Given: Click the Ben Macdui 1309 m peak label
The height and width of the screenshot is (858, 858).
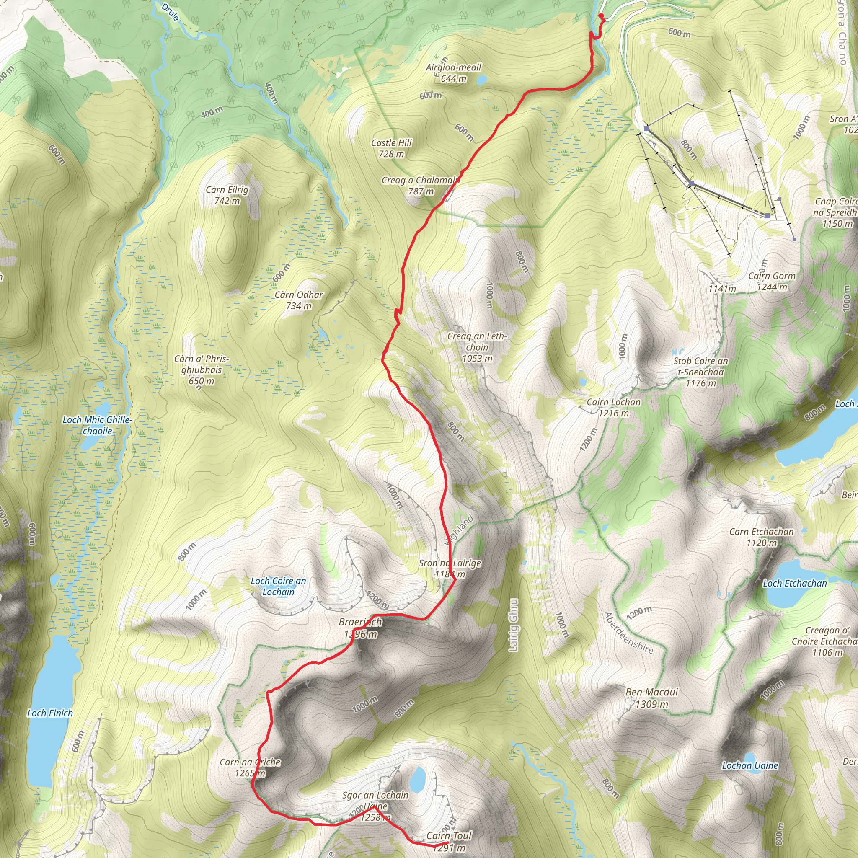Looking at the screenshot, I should pos(651,698).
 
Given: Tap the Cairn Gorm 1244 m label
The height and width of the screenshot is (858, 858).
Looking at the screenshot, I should pos(772,282).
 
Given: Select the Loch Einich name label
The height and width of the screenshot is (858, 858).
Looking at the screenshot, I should pos(50,713).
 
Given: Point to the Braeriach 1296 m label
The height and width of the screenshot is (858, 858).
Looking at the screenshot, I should pos(360,628).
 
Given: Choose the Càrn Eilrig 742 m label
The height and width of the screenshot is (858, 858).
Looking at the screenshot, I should pos(227,195).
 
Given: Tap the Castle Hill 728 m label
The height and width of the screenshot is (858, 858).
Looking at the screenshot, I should pos(391,148).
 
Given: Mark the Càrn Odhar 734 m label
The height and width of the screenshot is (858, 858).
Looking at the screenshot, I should pos(299,300).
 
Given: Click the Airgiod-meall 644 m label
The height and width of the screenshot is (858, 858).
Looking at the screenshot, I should pos(453,73).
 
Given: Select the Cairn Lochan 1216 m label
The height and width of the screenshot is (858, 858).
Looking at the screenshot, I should pos(614,407).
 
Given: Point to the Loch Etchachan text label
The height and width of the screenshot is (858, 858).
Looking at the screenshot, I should pos(795,584).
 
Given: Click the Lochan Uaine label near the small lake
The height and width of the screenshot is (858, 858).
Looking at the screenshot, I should pos(750,765).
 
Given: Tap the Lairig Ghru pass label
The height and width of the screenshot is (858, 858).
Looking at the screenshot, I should pos(513,625).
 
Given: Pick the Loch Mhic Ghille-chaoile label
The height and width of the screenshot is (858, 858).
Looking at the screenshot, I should pos(97,425).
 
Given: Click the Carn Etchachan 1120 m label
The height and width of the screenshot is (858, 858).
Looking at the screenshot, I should pos(762,537).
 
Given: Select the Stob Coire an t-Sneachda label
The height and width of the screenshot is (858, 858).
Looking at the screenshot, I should pos(701,372).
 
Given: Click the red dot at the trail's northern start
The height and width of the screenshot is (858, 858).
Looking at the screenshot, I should pos(601,16).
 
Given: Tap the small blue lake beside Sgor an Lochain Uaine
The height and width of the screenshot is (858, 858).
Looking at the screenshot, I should pos(417,780).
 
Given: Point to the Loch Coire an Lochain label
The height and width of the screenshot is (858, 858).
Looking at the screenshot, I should pos(279,586).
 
